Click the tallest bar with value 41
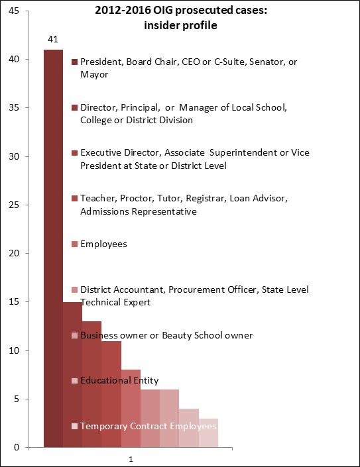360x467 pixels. click(x=53, y=248)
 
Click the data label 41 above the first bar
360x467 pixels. click(x=53, y=39)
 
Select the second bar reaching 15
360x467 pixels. click(x=72, y=375)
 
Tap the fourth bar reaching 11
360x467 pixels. click(x=111, y=394)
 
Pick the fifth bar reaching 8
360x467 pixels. click(x=131, y=409)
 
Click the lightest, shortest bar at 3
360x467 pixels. click(x=208, y=433)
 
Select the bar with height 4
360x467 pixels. click(x=189, y=428)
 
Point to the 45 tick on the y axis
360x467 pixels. click(x=14, y=11)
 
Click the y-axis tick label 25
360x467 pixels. click(x=14, y=205)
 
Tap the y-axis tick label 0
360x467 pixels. click(x=17, y=447)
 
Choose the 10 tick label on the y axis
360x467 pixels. click(x=14, y=350)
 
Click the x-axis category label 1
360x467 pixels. click(x=131, y=459)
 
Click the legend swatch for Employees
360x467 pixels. click(x=74, y=244)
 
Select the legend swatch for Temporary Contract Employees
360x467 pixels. click(x=74, y=426)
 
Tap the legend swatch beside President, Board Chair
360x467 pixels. click(x=74, y=62)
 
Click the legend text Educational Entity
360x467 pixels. click(x=119, y=380)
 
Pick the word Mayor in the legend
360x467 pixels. click(x=94, y=74)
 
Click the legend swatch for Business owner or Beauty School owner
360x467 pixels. click(x=74, y=335)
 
